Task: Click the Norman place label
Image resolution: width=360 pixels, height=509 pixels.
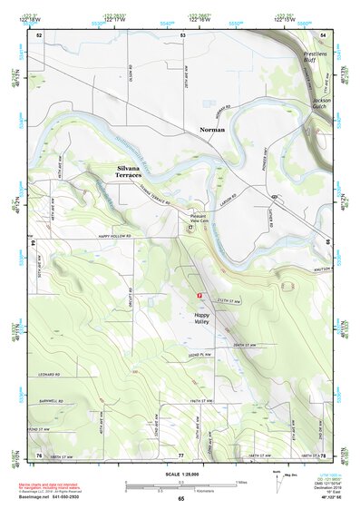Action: pos(212,130)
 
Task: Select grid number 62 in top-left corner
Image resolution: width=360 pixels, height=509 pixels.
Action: pos(39,34)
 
